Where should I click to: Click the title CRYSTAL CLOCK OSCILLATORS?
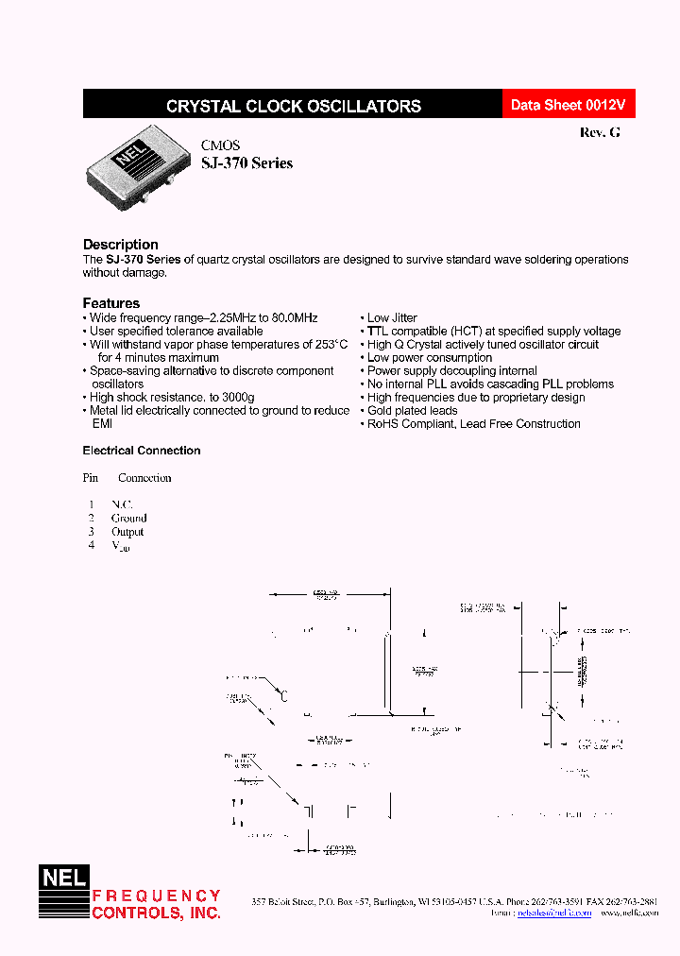(x=293, y=107)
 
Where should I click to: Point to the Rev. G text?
(x=600, y=133)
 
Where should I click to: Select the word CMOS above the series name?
(x=220, y=145)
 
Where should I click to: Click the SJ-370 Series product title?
(x=246, y=163)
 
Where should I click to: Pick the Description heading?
(x=121, y=245)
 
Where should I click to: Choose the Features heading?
(x=111, y=303)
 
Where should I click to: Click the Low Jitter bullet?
(x=391, y=318)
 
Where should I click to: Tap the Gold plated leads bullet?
(x=412, y=411)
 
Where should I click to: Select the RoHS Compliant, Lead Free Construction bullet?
(x=473, y=424)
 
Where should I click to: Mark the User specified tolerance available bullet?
(x=176, y=332)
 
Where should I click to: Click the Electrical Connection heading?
(x=142, y=451)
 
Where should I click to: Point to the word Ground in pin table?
(x=129, y=518)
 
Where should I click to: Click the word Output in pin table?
(x=127, y=532)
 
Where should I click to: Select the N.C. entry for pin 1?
(x=123, y=504)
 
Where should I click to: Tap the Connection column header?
(x=144, y=478)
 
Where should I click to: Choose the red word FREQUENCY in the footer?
(x=156, y=896)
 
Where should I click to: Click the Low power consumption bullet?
(x=429, y=358)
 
